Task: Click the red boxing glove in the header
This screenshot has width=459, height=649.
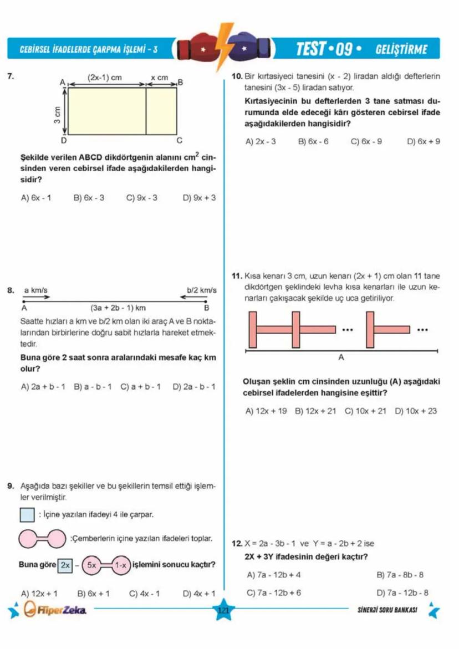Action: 200,49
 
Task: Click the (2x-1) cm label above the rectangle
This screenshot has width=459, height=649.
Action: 105,78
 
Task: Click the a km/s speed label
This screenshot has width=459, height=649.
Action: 35,290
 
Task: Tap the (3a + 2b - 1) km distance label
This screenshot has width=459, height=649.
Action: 118,307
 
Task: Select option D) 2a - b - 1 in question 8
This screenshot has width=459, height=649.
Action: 194,386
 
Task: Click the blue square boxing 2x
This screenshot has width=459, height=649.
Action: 65,565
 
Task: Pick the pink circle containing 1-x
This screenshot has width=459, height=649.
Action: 121,565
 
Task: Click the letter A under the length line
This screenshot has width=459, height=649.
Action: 341,359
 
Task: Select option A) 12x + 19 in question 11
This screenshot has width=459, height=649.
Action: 266,411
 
